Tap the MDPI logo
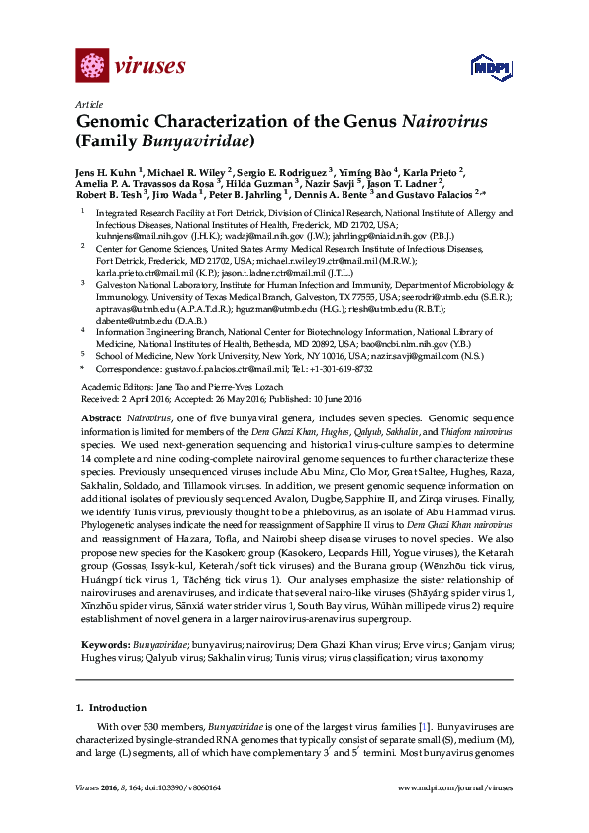[x=492, y=67]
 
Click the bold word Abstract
[x=100, y=420]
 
